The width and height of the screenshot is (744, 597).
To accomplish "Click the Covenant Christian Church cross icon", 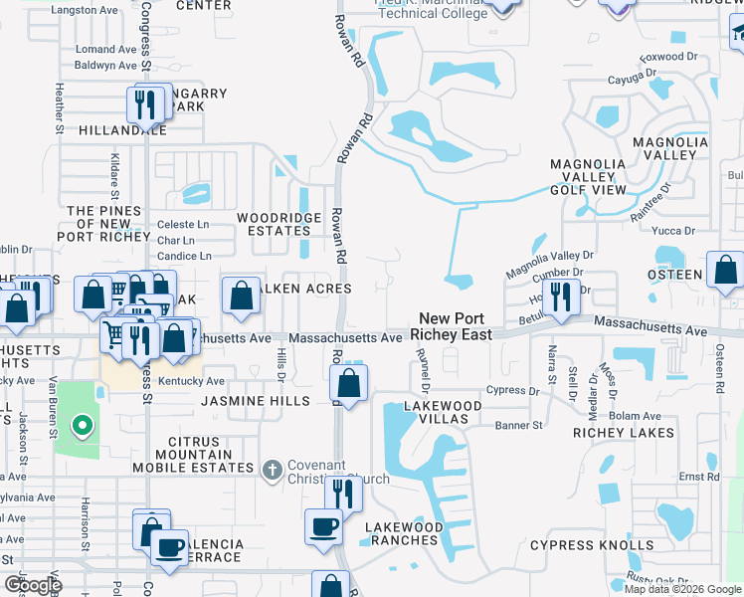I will (x=273, y=469).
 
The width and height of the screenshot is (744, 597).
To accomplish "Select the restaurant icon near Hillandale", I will (x=144, y=103).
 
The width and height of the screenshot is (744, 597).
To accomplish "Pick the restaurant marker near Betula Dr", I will (x=562, y=297).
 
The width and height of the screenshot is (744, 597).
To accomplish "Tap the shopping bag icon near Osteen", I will (x=726, y=270).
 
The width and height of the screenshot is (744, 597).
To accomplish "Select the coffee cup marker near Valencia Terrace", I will (x=169, y=546).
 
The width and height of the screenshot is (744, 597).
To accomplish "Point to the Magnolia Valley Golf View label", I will (x=589, y=176).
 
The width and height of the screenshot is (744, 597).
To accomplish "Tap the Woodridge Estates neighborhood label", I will (x=279, y=224).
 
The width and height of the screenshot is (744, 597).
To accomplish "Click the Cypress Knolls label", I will (x=592, y=545).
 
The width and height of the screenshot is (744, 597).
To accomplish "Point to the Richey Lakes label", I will (x=624, y=433).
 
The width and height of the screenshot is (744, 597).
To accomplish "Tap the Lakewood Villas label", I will (x=443, y=412).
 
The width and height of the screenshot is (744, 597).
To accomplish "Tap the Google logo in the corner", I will (x=33, y=584).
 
